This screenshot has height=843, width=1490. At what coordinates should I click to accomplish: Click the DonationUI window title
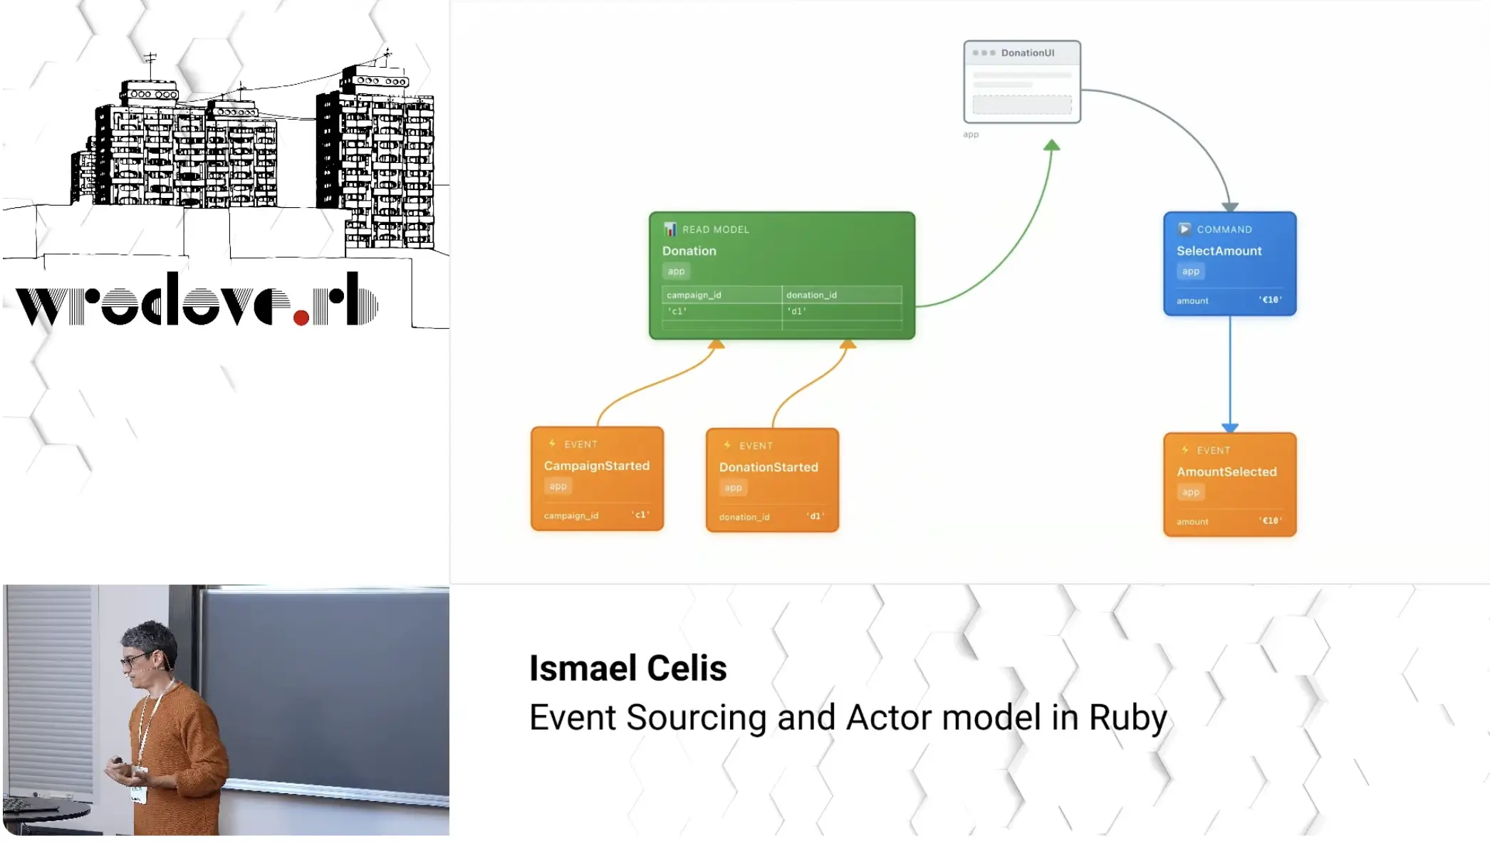click(1027, 53)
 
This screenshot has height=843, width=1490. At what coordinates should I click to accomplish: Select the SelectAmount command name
click(1219, 251)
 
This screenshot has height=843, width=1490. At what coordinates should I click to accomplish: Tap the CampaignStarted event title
click(596, 466)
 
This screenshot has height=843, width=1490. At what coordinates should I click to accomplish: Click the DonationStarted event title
click(768, 467)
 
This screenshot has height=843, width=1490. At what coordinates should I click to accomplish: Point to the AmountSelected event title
click(1226, 471)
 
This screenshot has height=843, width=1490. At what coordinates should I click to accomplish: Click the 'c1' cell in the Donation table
click(677, 311)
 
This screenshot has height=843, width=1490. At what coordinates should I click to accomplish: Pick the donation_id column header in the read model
click(811, 295)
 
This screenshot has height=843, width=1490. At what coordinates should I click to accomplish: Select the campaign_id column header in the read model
click(694, 295)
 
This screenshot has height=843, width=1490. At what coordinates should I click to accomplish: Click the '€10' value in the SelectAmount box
click(1269, 300)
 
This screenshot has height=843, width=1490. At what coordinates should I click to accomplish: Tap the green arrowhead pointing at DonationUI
click(1051, 145)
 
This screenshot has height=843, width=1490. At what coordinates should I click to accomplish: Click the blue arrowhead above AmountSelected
click(1229, 427)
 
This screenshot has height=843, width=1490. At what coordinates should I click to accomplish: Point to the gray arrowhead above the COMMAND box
click(1230, 206)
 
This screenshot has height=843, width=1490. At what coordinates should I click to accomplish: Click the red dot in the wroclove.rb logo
click(301, 318)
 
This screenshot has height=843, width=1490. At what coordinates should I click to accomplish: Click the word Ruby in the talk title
click(1127, 717)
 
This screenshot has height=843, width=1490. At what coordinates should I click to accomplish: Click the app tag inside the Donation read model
click(676, 271)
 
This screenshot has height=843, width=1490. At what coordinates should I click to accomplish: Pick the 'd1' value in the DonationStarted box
click(816, 516)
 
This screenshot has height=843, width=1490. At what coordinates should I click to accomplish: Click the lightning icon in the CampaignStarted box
click(552, 444)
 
